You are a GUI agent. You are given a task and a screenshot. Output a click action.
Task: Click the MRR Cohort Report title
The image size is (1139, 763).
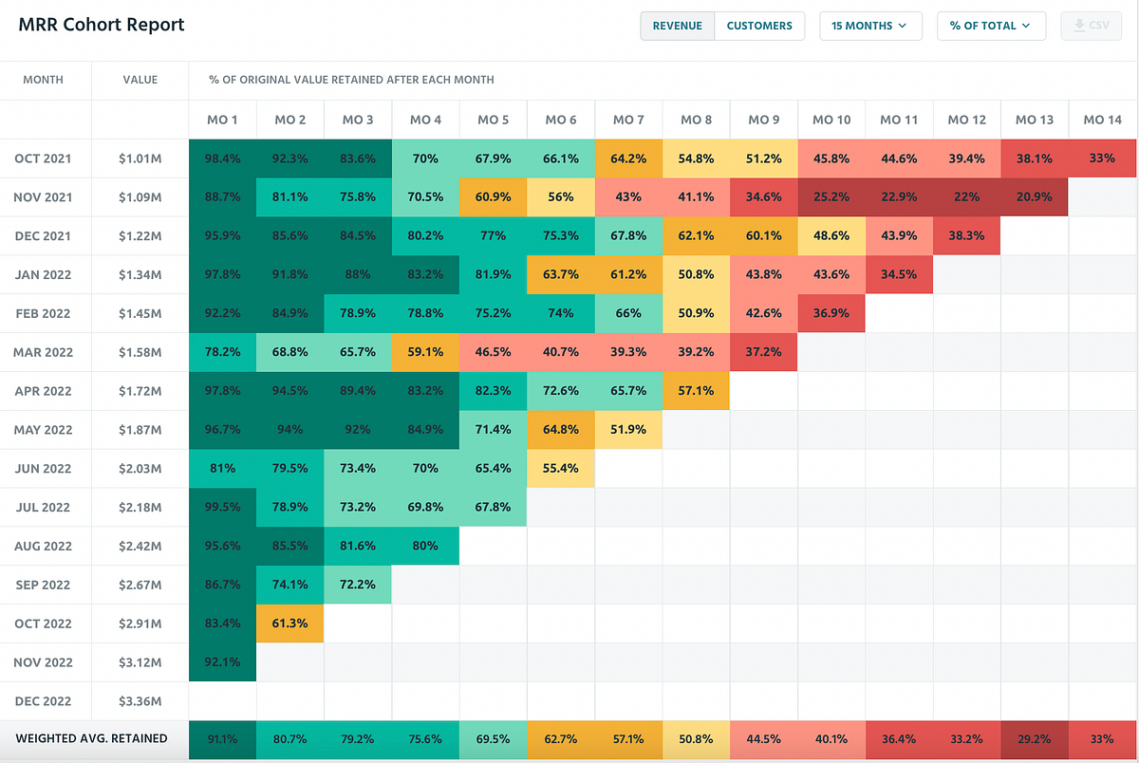point(102,26)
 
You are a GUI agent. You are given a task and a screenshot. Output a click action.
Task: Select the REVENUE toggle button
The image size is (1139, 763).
point(677,26)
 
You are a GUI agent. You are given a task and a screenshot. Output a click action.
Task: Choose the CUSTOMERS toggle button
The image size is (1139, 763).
point(758,26)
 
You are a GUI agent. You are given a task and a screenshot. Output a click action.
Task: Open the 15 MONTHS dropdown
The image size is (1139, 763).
point(870,26)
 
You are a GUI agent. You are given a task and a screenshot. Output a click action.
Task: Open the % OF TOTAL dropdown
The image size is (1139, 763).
point(991,26)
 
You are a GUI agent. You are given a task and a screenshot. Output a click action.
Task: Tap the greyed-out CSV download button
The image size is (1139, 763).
point(1091,26)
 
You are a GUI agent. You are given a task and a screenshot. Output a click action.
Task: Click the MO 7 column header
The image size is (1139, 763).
point(628,120)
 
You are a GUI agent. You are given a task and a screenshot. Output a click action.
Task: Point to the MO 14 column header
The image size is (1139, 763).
point(1101,120)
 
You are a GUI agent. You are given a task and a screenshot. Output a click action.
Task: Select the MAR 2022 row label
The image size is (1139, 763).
point(44,352)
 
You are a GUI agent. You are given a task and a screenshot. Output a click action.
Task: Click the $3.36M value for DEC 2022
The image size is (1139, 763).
point(140,701)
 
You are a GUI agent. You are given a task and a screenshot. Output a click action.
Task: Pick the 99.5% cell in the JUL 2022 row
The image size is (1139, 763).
point(222,508)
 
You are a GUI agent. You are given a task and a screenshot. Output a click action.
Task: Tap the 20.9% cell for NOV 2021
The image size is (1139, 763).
point(1034,197)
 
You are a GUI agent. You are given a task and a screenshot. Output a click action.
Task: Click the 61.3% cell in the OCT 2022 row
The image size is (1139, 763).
point(289,623)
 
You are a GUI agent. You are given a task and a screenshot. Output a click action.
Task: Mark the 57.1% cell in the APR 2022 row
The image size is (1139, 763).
point(696,391)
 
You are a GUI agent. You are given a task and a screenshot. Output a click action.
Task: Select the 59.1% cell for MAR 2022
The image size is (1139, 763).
point(424,352)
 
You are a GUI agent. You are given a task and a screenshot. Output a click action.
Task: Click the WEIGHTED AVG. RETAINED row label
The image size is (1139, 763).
point(91,738)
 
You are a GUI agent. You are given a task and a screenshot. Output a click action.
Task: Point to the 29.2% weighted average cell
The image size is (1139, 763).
point(1034,739)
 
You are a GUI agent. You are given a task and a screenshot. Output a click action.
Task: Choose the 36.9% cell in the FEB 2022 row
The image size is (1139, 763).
point(831,313)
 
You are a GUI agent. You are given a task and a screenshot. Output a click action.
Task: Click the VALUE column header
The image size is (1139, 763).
point(140,80)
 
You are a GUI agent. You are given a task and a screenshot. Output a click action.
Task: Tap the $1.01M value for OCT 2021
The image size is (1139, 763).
point(140,158)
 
